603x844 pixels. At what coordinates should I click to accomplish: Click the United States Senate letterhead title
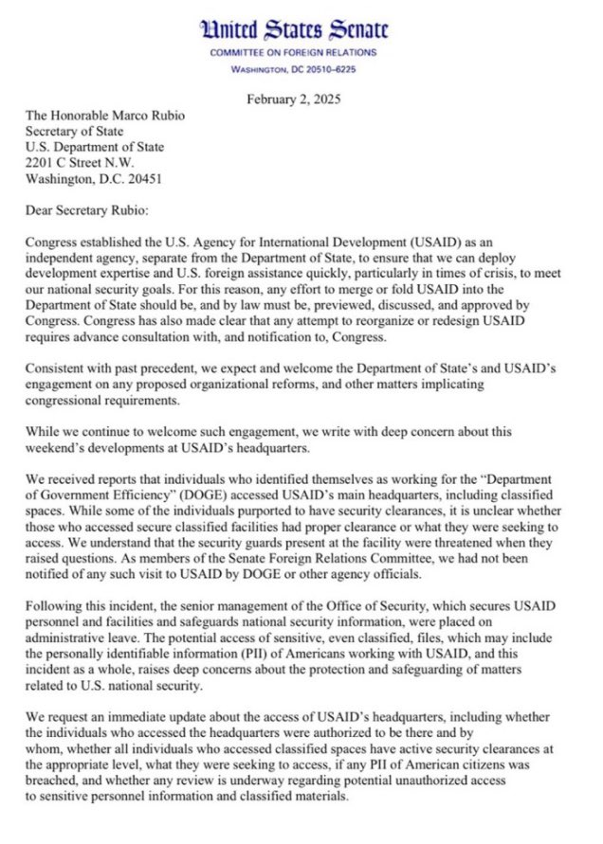[301, 30]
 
